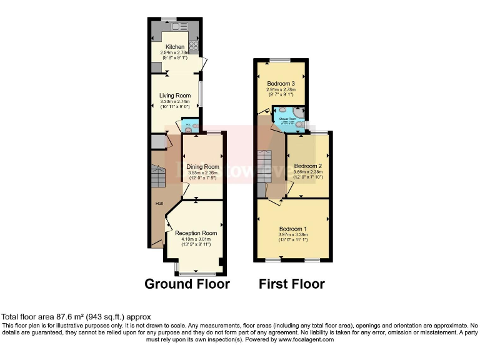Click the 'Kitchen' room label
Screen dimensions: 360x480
[x=174, y=47]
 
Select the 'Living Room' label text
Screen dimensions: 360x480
[x=174, y=96]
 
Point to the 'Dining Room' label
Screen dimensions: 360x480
[x=202, y=167]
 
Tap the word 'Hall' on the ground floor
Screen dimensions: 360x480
[x=159, y=204]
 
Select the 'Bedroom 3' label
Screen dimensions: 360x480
[x=281, y=84]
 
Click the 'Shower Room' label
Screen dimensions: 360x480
[x=287, y=117]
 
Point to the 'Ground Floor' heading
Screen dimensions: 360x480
[x=187, y=284]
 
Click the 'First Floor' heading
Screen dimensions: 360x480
[x=292, y=284]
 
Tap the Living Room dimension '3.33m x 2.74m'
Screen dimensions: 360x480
[x=174, y=102]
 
